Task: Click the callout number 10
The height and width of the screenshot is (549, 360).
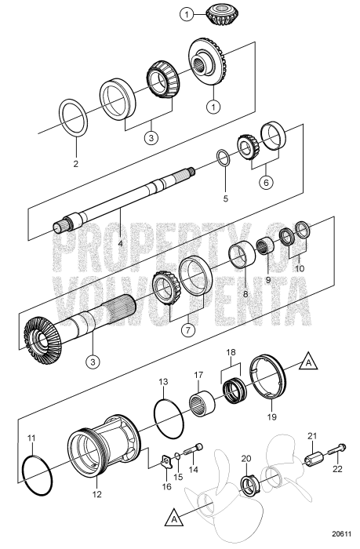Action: (299, 267)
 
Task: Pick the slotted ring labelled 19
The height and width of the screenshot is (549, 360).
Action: (270, 386)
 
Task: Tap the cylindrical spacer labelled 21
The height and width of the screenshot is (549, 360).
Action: (313, 457)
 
